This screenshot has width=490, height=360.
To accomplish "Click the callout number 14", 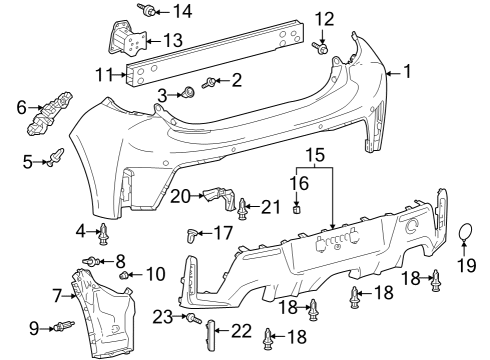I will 181,11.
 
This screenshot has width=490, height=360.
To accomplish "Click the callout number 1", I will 407,71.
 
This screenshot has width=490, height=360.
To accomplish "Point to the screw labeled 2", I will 211,83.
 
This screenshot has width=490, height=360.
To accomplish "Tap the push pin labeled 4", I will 104,237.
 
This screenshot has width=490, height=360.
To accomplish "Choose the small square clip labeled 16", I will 297,209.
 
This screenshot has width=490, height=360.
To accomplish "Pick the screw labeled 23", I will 187,317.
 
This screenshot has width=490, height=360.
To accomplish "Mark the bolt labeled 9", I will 66,326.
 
